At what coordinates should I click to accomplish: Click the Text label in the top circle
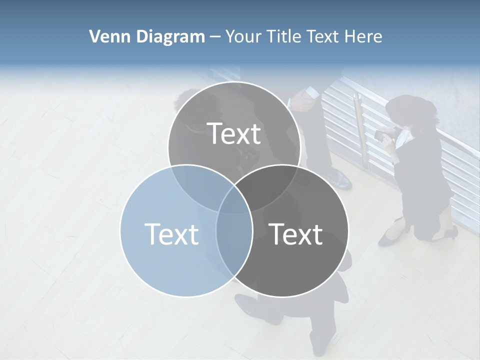coord(234,133)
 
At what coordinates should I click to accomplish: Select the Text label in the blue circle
coord(171,234)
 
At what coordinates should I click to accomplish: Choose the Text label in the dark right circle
coord(296,234)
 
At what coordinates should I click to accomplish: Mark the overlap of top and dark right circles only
coord(272,182)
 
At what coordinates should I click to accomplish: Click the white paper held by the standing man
coord(311,92)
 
